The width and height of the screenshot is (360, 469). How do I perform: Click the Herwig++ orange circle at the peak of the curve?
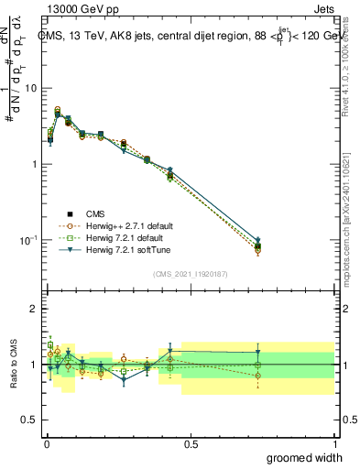tap(58, 110)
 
